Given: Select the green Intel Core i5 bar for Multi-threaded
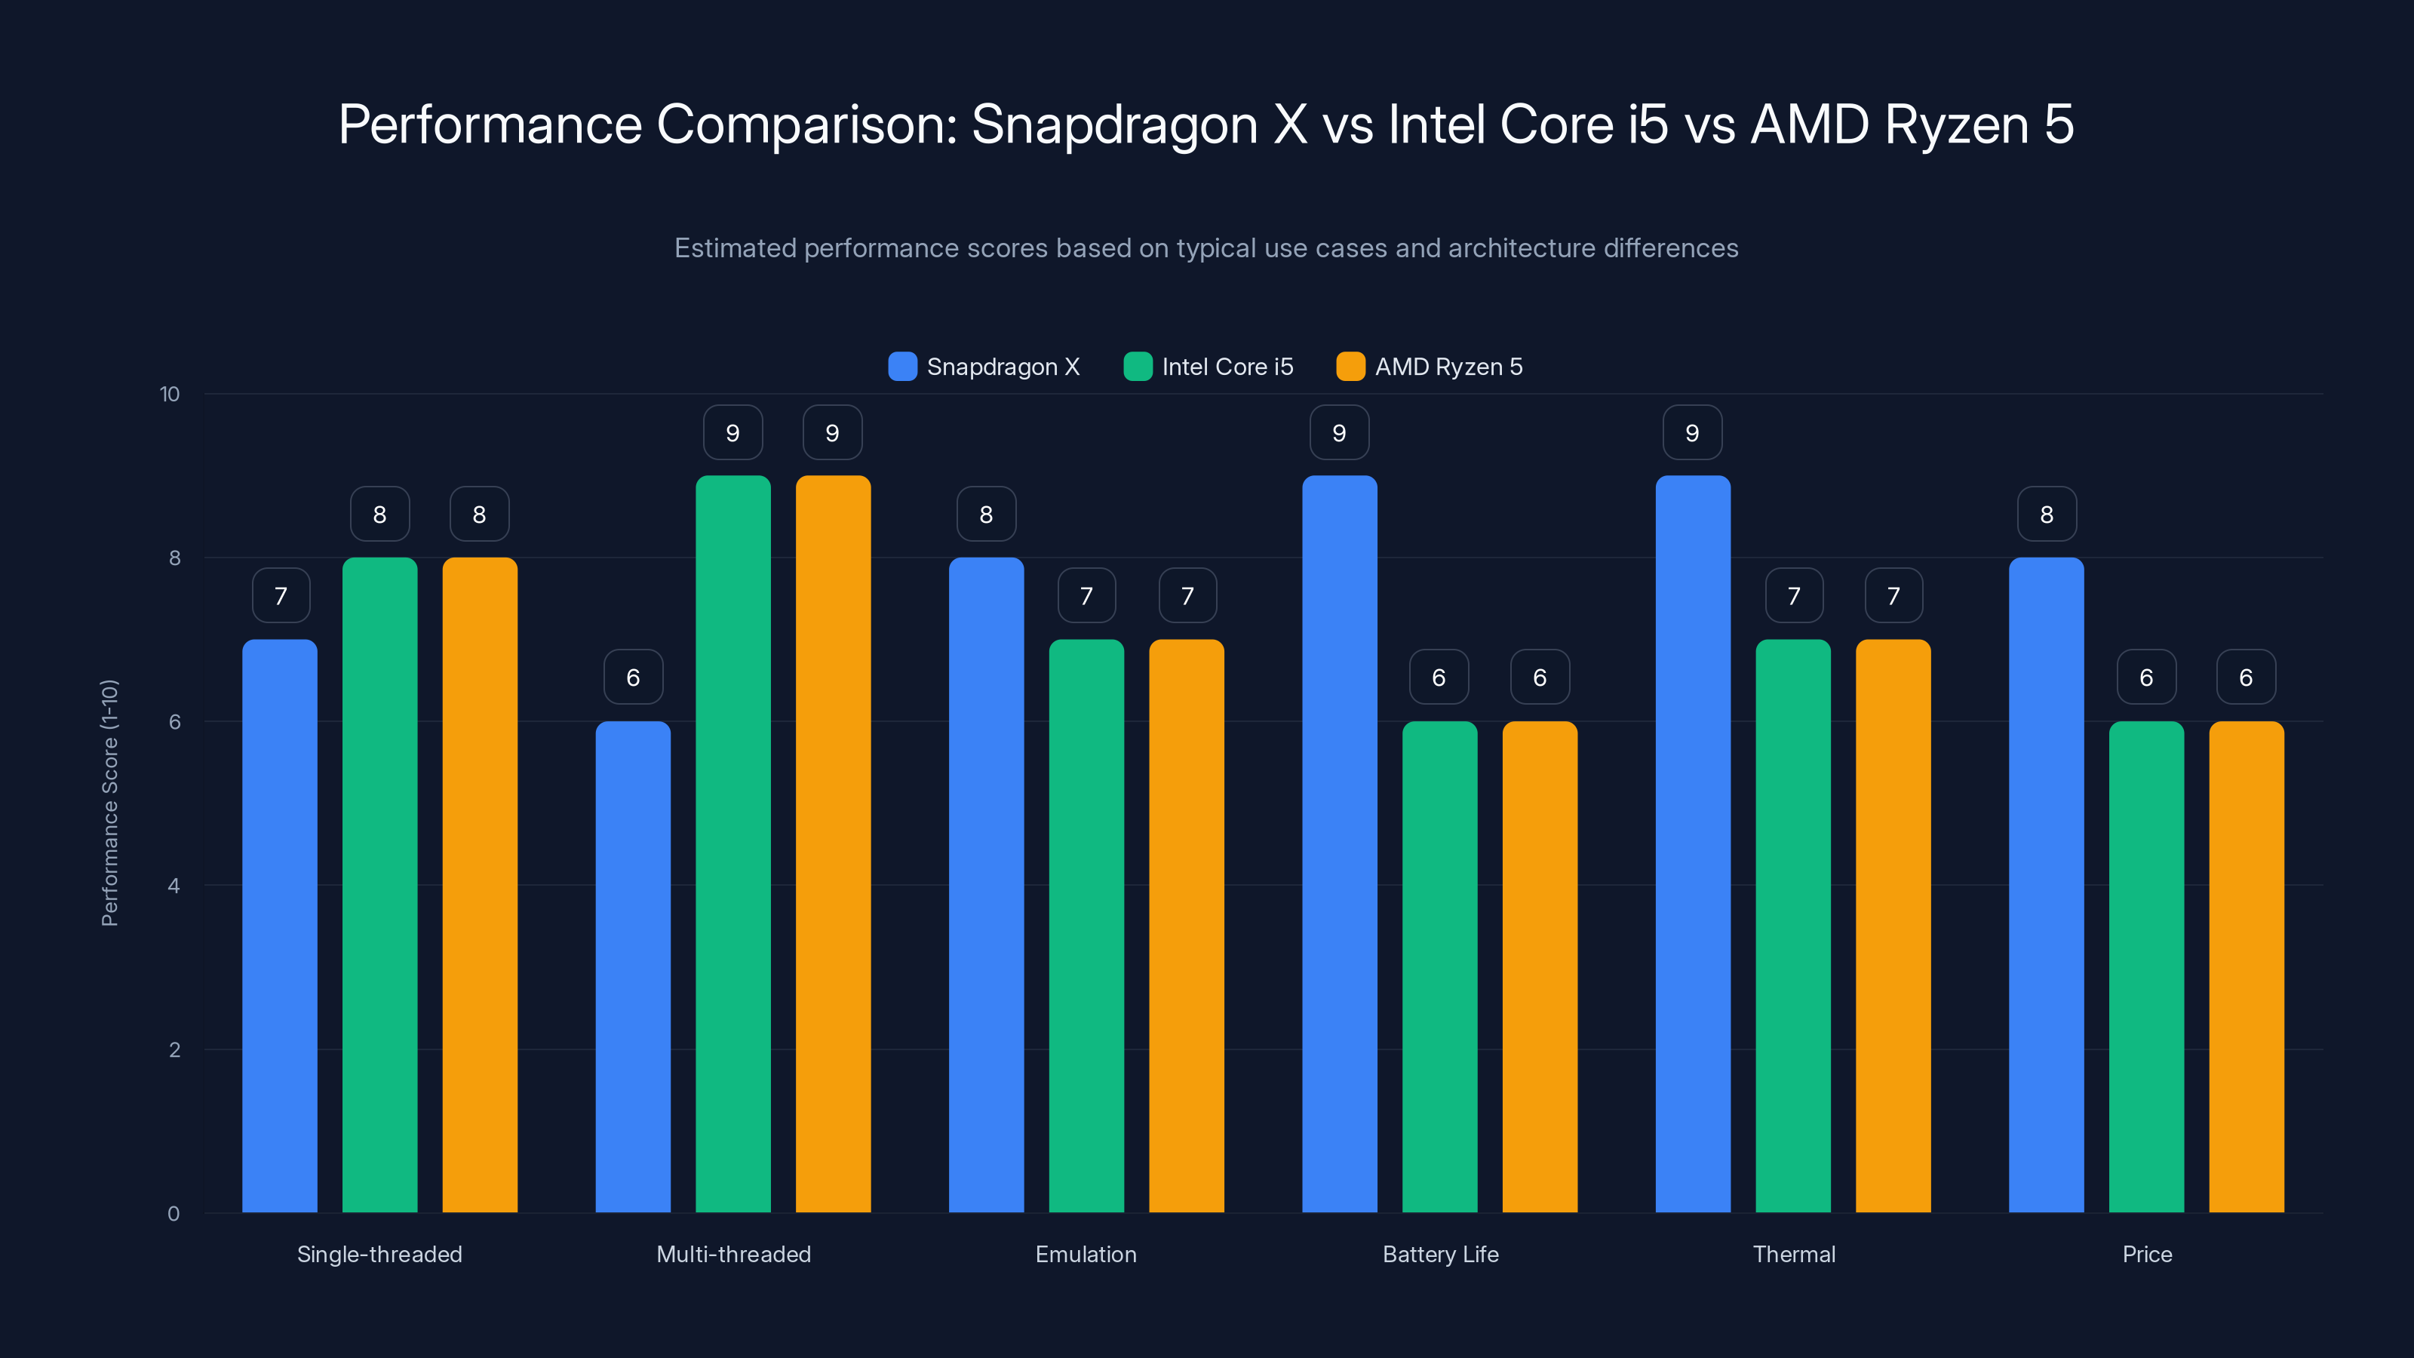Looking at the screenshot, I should [732, 843].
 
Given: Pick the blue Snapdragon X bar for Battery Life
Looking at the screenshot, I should [1339, 843].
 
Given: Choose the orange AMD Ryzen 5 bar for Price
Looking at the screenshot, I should [2247, 966].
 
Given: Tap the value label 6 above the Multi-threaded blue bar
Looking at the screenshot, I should [634, 677].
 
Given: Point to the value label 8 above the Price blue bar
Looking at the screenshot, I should [2047, 514].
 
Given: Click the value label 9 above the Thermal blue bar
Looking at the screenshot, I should [1692, 432].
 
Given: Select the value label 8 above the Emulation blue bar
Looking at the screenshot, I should [986, 514].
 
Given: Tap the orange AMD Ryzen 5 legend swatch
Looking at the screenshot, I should [1350, 367].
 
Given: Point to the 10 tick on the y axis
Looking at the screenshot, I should [170, 394].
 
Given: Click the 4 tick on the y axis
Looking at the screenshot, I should [174, 886].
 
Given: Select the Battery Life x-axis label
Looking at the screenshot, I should [1440, 1254].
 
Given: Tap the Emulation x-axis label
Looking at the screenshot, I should [1086, 1254].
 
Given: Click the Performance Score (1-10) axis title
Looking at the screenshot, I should [109, 803].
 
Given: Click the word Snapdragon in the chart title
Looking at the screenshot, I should [1114, 124].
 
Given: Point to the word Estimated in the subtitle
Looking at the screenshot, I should [735, 247].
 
